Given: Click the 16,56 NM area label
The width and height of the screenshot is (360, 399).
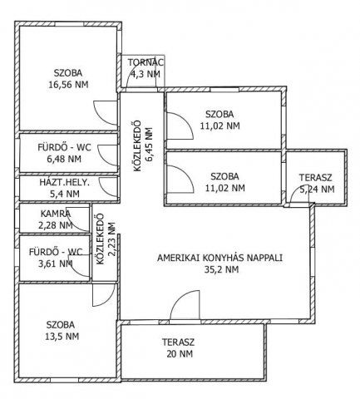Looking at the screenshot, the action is pos(68,85).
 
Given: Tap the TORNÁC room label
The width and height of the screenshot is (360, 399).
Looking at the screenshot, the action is pos(145,62).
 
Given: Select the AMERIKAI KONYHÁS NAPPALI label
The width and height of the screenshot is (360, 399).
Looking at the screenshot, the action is pos(219,258).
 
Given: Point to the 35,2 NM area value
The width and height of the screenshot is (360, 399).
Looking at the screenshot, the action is pos(221,269).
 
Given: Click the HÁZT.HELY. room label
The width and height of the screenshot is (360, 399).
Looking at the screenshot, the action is pos(65,182).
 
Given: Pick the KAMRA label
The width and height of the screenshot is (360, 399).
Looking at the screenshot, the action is pos(56,214).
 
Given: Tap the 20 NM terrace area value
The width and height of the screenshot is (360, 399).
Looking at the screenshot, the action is pos(180,354).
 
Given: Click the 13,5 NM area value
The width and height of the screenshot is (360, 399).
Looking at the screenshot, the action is pos(62,337).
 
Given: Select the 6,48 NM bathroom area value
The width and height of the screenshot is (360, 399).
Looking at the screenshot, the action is pos(64,159).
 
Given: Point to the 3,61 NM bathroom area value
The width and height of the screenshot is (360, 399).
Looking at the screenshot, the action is pos(56,264).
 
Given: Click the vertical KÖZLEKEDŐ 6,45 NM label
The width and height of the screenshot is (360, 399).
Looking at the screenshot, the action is pos(143,145).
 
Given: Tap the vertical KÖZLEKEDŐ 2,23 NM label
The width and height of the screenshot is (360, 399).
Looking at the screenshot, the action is pos(106,239).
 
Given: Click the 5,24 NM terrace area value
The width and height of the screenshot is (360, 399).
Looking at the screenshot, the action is pos(317,190).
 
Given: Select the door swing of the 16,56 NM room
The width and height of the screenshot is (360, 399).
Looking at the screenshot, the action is pos(105,113).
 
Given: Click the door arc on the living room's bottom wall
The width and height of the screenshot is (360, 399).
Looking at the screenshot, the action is pos(185,305).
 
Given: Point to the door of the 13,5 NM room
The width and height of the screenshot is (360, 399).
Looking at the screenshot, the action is pos(103,295).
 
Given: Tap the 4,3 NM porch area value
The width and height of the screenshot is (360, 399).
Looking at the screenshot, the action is pos(145,74).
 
